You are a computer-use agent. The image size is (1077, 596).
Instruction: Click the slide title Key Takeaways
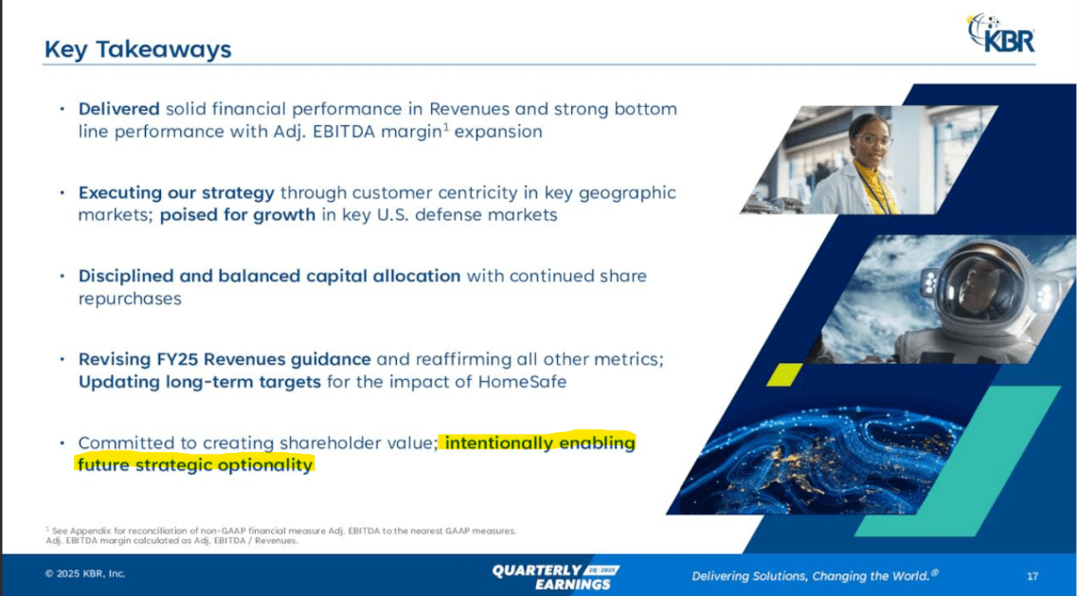coord(137,48)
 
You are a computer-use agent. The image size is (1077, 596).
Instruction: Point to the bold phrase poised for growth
coord(237,215)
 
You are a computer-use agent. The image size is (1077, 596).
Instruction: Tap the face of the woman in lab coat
coord(871,138)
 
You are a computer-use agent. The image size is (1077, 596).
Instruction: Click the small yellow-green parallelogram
coord(783,374)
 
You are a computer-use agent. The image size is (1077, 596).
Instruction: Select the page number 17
coord(1032,575)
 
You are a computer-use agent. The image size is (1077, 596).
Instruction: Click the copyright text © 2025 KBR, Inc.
coord(85,573)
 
